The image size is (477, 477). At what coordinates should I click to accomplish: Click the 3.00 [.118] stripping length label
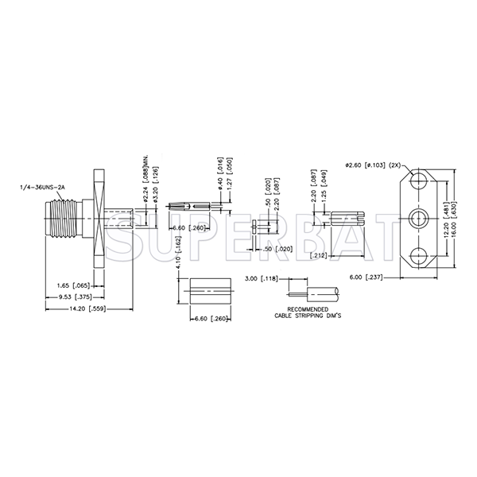point(262,278)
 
